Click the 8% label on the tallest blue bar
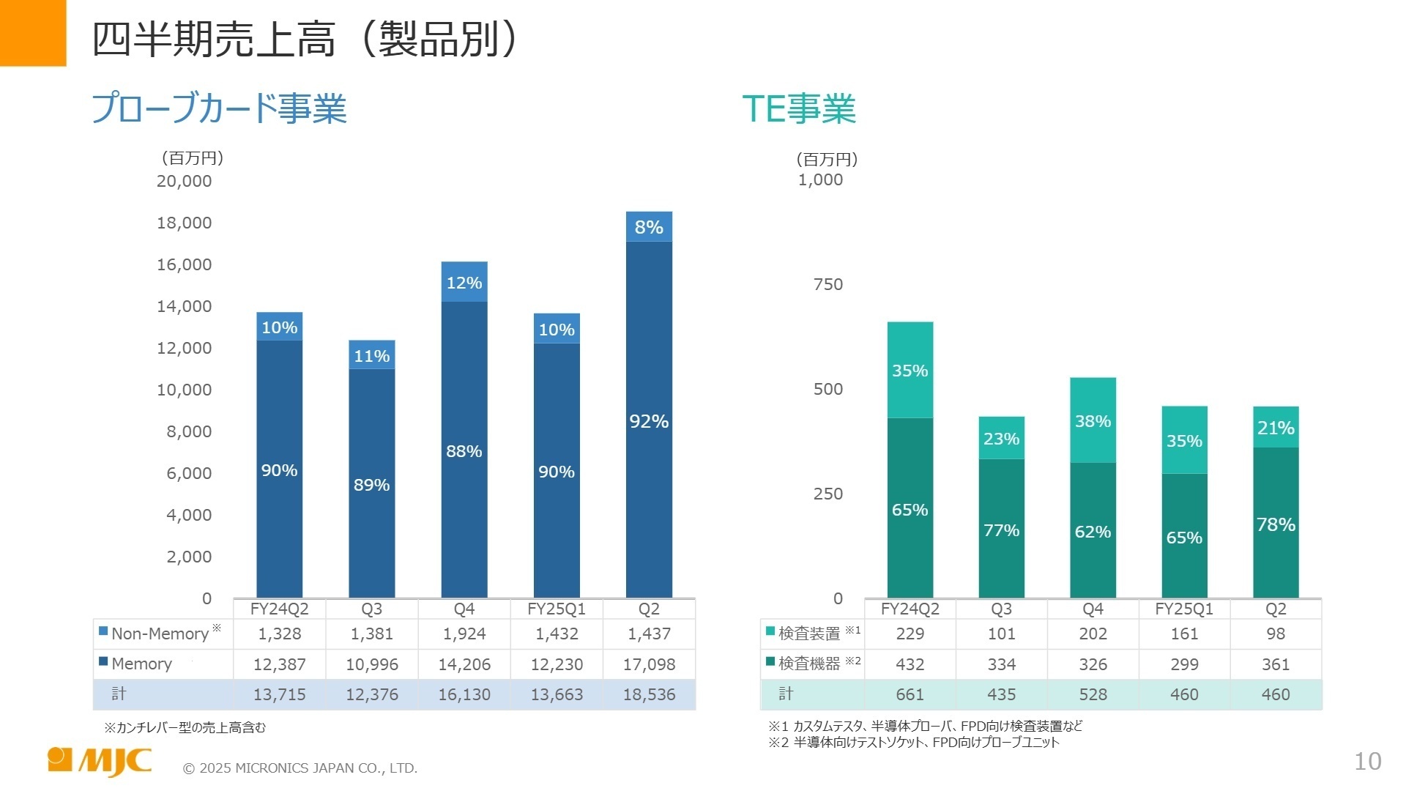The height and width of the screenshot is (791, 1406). [649, 227]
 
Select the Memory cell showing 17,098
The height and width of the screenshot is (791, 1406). [649, 664]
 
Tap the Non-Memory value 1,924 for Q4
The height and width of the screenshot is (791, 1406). [464, 634]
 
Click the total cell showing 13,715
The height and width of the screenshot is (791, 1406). [279, 694]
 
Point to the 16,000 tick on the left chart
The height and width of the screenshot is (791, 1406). [184, 264]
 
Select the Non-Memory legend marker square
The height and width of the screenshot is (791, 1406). [103, 631]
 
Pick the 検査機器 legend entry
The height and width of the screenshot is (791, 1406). [808, 664]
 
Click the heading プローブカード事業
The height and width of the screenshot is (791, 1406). [218, 108]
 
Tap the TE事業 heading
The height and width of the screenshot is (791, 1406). [798, 108]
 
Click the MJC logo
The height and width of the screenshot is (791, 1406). [100, 761]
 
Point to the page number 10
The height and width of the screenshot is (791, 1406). [1367, 762]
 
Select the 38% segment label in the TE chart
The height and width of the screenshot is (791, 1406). [1093, 421]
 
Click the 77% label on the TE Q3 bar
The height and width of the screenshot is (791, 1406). [1001, 530]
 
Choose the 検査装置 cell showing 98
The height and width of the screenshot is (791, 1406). [1275, 634]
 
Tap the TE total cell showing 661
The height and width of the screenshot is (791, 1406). [910, 694]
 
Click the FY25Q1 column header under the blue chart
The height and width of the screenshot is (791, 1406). [557, 609]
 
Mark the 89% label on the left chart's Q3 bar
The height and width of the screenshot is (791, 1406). [371, 485]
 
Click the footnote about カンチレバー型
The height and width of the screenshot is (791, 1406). [185, 727]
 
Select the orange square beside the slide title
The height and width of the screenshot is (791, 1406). [33, 33]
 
